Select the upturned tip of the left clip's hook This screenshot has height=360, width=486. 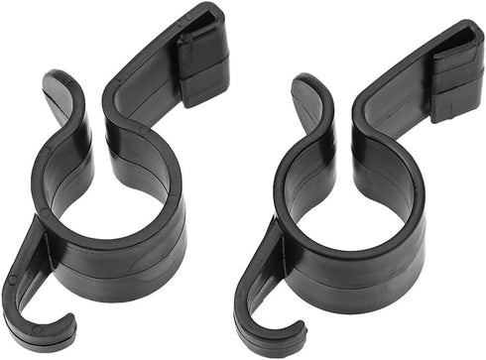tap(70, 319)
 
